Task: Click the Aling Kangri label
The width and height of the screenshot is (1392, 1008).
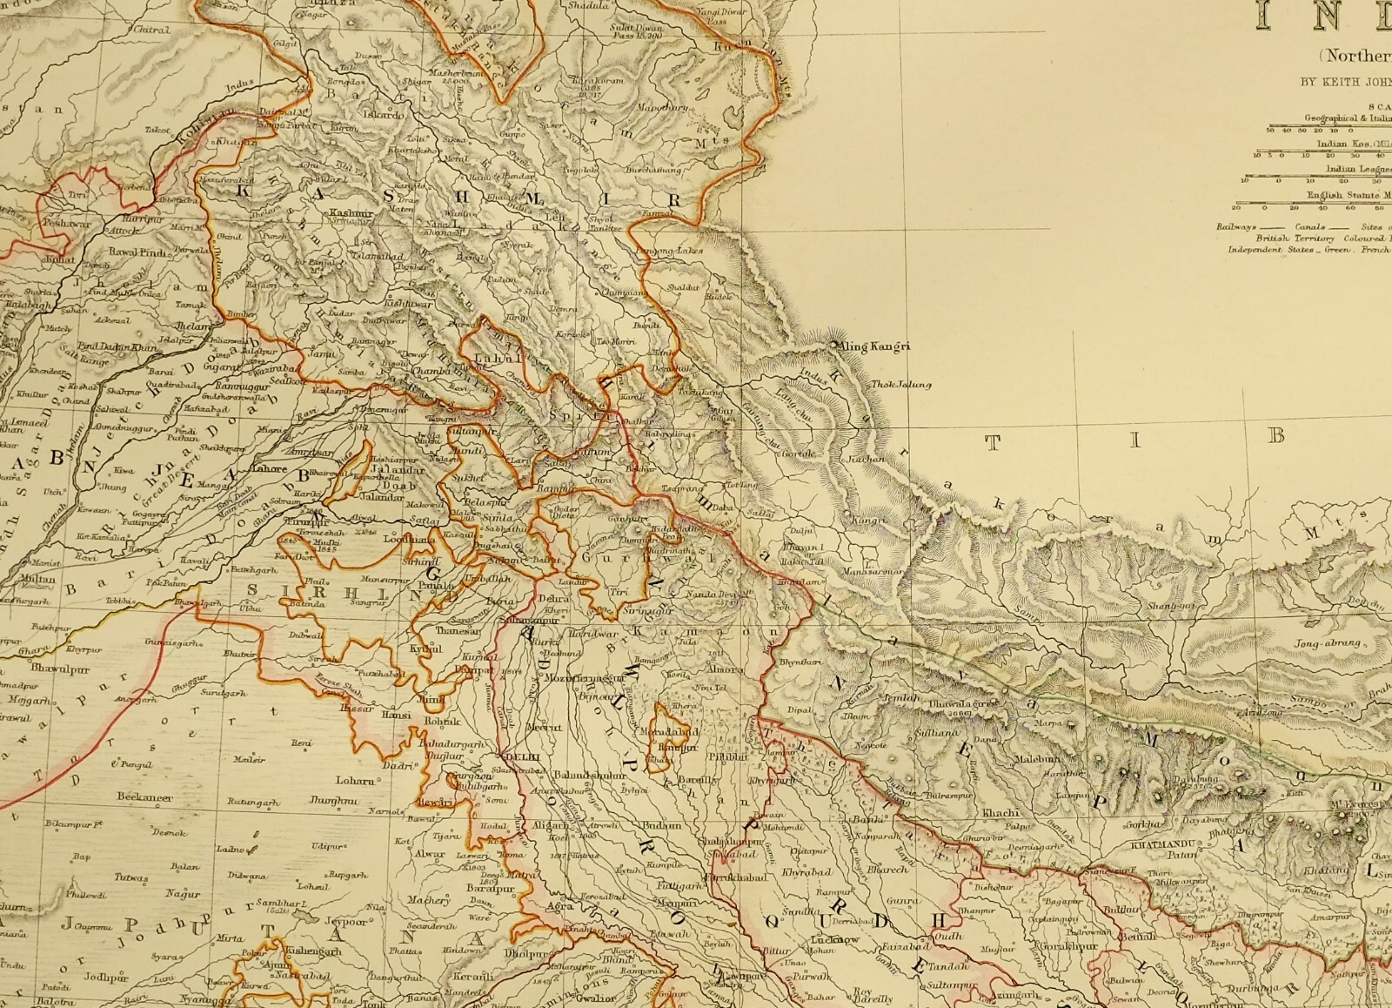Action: tap(873, 346)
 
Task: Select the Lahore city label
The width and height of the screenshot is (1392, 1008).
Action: tap(269, 469)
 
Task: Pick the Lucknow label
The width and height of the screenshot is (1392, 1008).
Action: tap(834, 940)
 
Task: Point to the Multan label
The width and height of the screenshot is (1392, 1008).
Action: tap(37, 579)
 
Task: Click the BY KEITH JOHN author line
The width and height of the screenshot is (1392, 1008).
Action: tap(1345, 83)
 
